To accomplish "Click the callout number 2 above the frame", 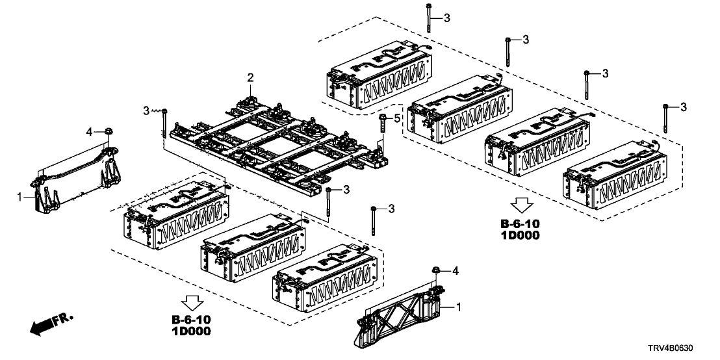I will click(x=250, y=78).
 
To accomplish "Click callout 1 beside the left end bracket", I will click(x=20, y=194).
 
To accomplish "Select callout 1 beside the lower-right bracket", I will click(x=461, y=305).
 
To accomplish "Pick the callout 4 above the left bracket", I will click(x=90, y=132).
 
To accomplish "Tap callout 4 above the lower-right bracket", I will click(x=454, y=269).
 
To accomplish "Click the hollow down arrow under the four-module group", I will click(x=520, y=207).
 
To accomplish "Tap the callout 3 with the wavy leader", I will click(x=146, y=111).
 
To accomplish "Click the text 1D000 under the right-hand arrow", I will click(x=521, y=235).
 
